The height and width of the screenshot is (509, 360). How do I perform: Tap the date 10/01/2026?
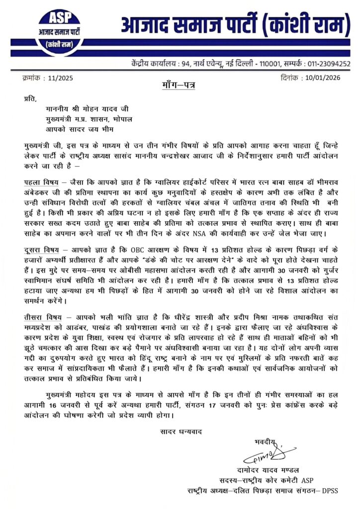click(323, 78)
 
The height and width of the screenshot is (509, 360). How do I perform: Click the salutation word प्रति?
click(31, 99)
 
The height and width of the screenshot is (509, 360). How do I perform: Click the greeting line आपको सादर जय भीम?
click(76, 131)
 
